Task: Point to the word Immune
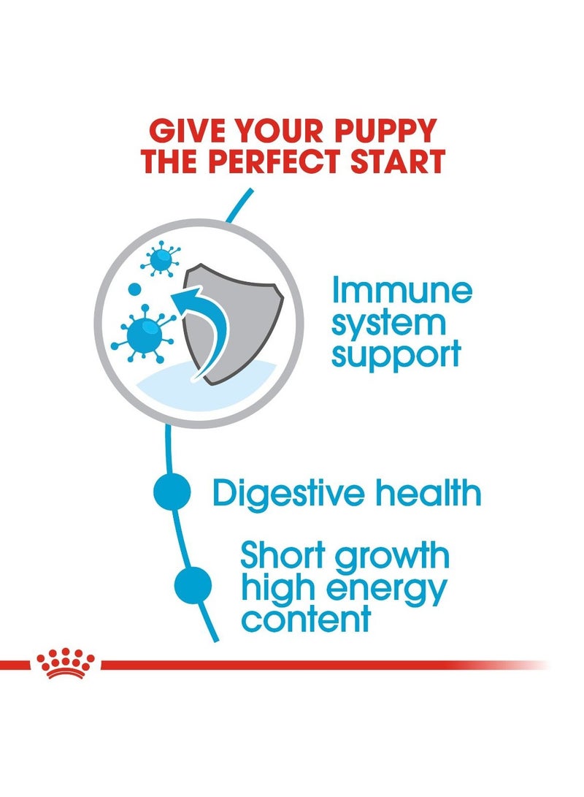[402, 291]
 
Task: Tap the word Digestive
[288, 494]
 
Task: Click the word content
[306, 619]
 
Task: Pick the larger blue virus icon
[144, 332]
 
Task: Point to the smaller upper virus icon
[160, 259]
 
